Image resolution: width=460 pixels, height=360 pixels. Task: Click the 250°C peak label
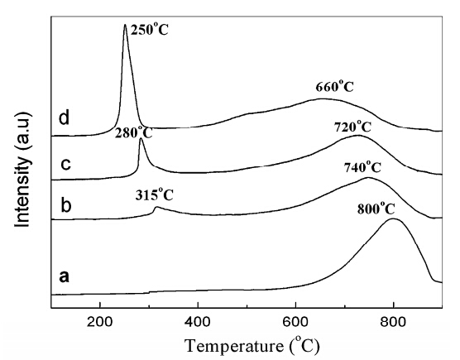coord(150,29)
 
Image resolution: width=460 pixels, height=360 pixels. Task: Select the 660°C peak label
coord(335,87)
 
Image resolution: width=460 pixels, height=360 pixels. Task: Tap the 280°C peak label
coord(134,132)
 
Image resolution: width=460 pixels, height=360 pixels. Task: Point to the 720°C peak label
coord(352,127)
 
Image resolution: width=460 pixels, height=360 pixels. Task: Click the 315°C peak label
coord(155,194)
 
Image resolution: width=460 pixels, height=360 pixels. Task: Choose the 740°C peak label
coord(362,167)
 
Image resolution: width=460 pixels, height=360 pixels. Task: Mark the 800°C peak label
coord(376,209)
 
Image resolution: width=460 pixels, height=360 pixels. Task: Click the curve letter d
coord(65,118)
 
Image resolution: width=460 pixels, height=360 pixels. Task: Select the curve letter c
coord(66,164)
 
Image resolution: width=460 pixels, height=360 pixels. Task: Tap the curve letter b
coord(66,204)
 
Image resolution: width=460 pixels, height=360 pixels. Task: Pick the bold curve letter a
coord(65,276)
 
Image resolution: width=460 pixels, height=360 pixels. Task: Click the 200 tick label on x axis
coord(100,322)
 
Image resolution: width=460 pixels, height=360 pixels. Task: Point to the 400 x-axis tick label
coord(198,322)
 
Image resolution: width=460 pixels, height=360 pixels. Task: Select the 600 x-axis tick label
coord(295,322)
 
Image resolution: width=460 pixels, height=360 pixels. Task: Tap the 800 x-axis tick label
coord(394,322)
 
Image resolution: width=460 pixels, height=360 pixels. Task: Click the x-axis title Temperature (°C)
coord(252,345)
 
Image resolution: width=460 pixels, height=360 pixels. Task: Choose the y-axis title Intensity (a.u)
coord(22,170)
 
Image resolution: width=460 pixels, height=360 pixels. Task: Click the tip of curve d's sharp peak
coord(125,24)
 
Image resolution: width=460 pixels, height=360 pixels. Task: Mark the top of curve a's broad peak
coord(393,218)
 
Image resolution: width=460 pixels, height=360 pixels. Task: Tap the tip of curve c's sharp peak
coord(141,138)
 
